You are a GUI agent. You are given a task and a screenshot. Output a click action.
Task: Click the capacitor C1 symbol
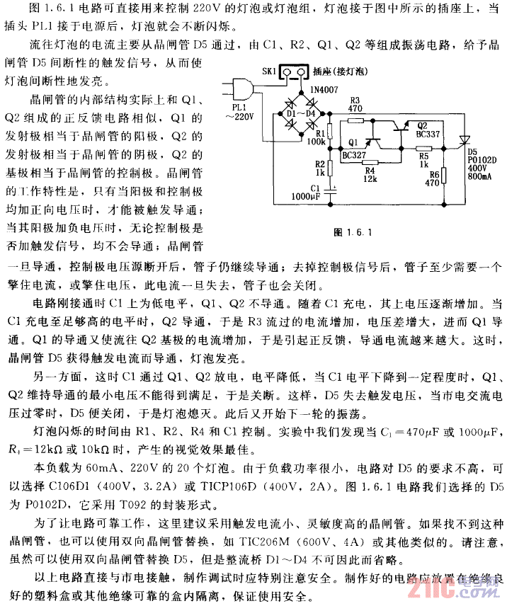click(x=335, y=188)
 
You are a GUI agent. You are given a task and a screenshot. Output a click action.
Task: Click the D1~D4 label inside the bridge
click(x=300, y=114)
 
